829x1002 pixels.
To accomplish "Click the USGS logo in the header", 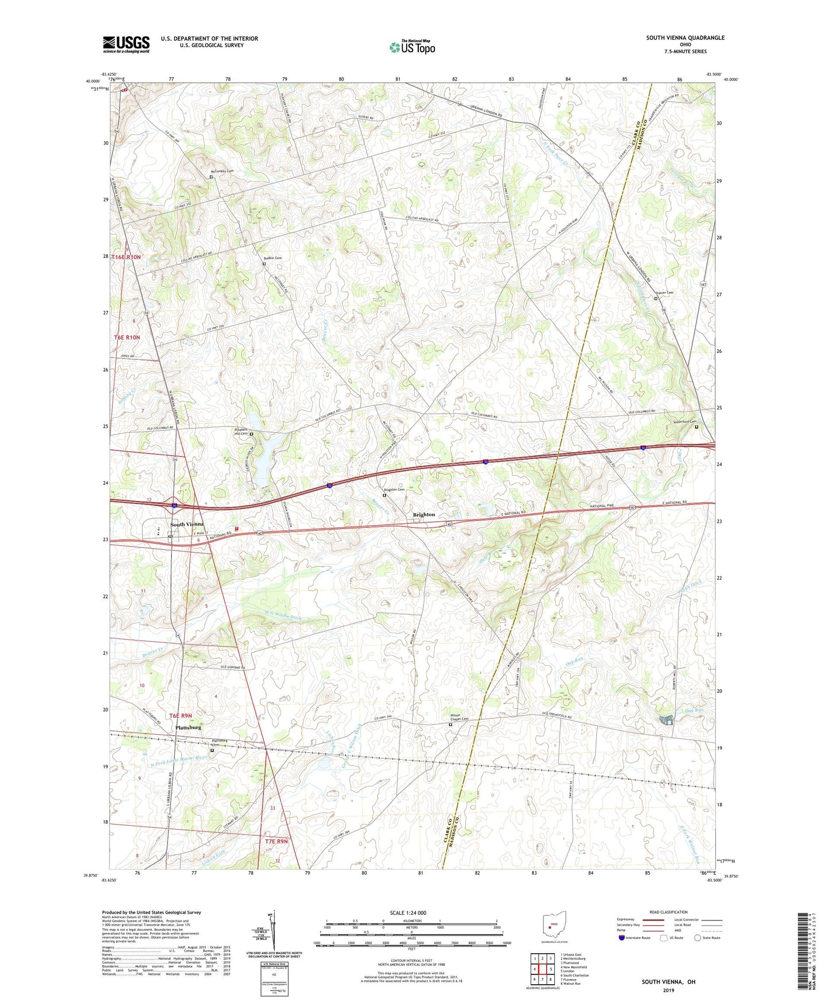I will pyautogui.click(x=126, y=45).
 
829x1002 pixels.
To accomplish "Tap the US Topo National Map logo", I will pyautogui.click(x=412, y=46).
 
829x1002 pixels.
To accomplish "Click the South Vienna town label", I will pyautogui.click(x=186, y=525).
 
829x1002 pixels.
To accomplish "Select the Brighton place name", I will pyautogui.click(x=424, y=515).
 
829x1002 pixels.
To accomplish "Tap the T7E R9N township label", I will pyautogui.click(x=277, y=841).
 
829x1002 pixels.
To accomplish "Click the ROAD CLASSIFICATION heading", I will pyautogui.click(x=668, y=912).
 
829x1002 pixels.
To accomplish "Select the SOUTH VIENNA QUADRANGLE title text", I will pyautogui.click(x=685, y=38).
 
